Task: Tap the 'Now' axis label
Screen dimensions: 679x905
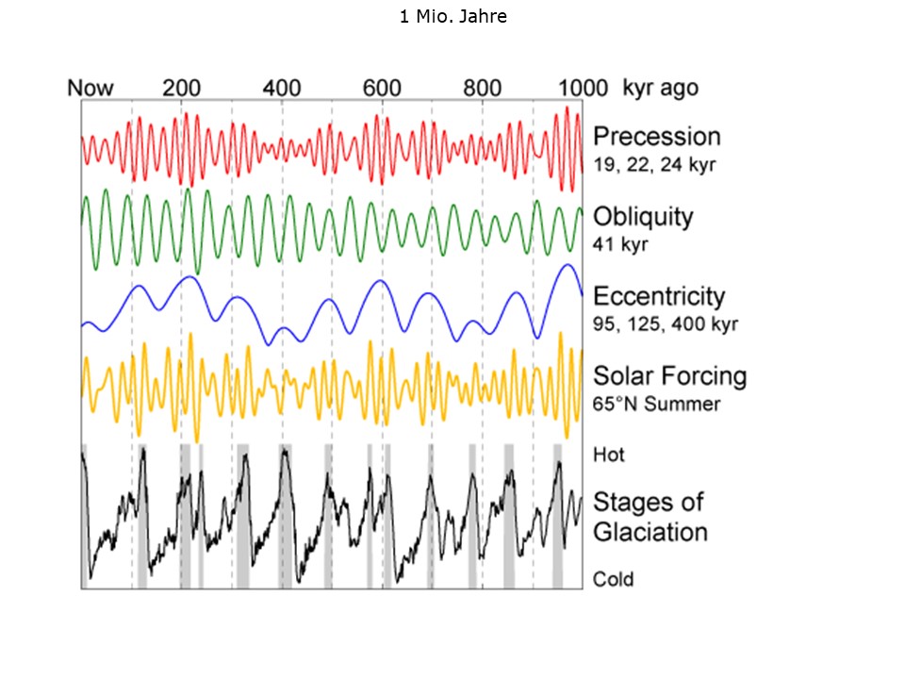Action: tap(90, 89)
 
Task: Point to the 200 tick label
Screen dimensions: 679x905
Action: tap(181, 89)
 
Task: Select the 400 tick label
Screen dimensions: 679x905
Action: tap(282, 89)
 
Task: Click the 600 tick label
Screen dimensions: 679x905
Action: tap(383, 89)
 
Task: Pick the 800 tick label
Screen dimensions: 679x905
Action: tap(483, 89)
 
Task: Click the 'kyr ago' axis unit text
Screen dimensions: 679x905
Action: tap(660, 89)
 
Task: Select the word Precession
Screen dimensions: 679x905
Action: tap(656, 137)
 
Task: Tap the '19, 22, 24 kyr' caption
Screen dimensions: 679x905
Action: tap(654, 164)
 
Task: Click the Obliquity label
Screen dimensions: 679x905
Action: tap(642, 217)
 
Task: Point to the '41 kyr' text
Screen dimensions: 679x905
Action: tap(621, 244)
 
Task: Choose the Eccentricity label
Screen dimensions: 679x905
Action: tap(658, 297)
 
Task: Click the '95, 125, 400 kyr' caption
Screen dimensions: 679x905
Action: tap(665, 324)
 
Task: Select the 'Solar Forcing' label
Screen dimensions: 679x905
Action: tap(669, 376)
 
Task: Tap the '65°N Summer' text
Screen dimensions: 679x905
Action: tap(656, 405)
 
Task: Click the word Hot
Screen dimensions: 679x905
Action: tap(609, 455)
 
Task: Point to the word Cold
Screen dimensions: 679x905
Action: tap(613, 579)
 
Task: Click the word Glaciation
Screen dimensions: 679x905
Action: tap(650, 532)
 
